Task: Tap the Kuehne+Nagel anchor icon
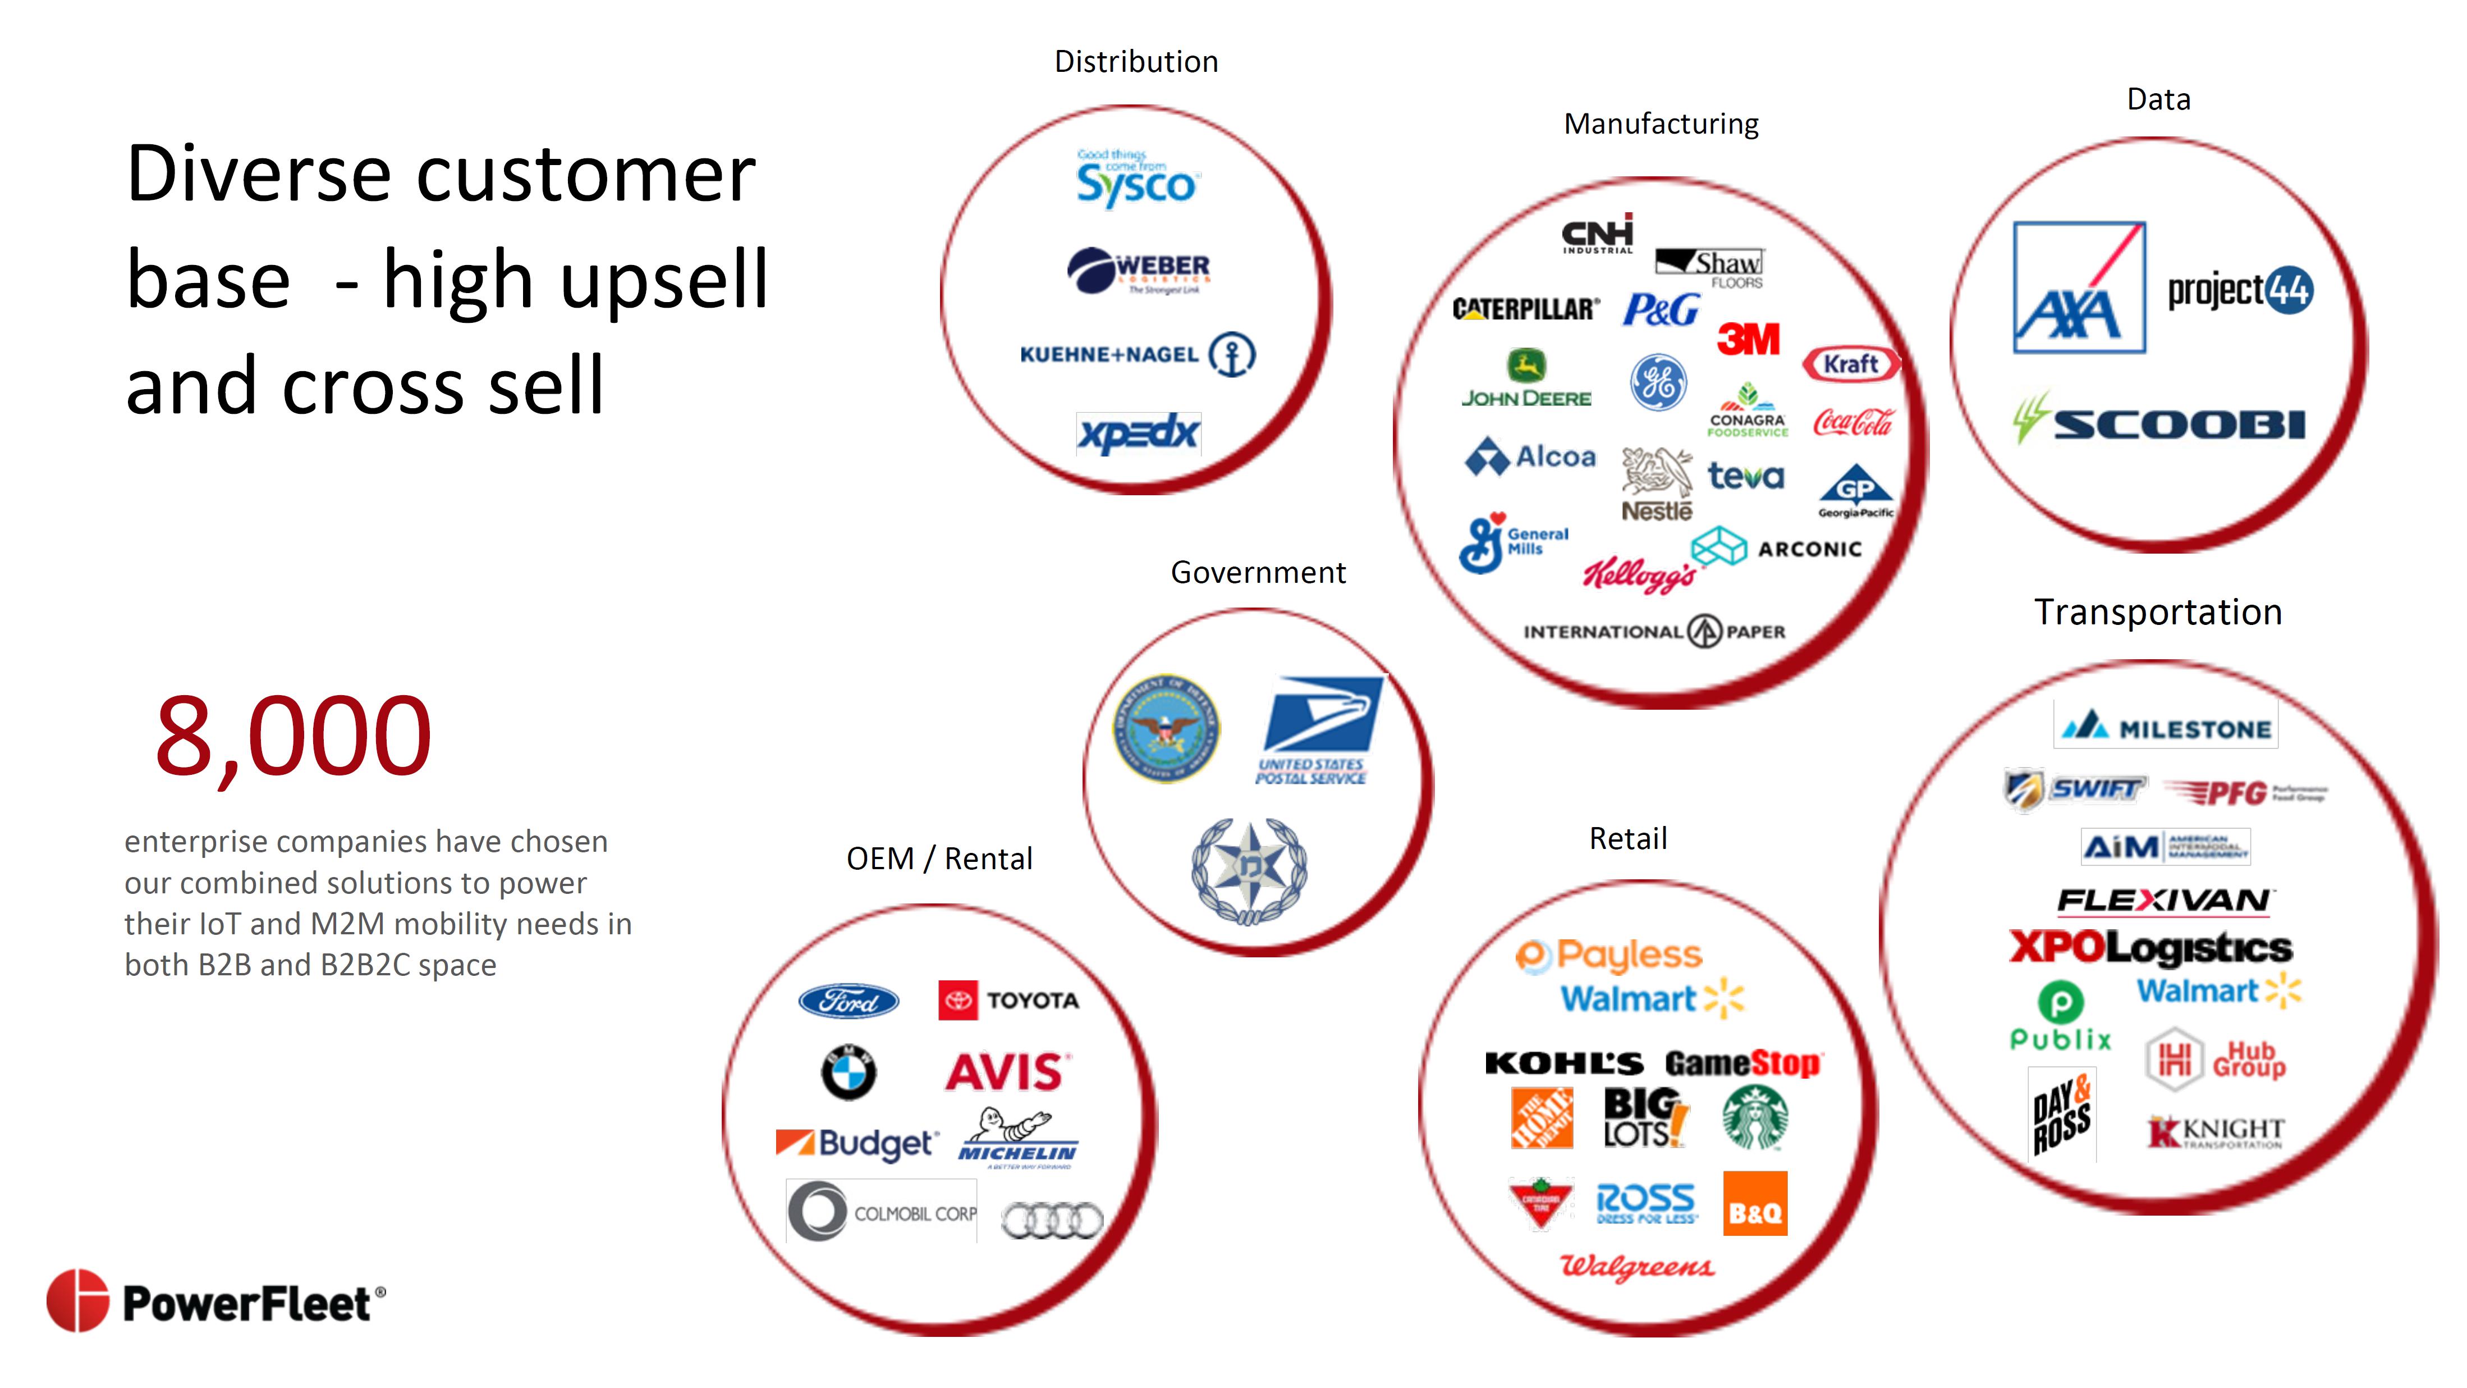pos(1232,354)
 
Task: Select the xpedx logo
pos(1138,434)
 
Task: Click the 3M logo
pos(1748,338)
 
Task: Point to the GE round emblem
pos(1658,382)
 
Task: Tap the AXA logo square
pos(2078,287)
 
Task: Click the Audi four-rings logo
pos(1052,1220)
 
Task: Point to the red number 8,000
pos(293,736)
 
